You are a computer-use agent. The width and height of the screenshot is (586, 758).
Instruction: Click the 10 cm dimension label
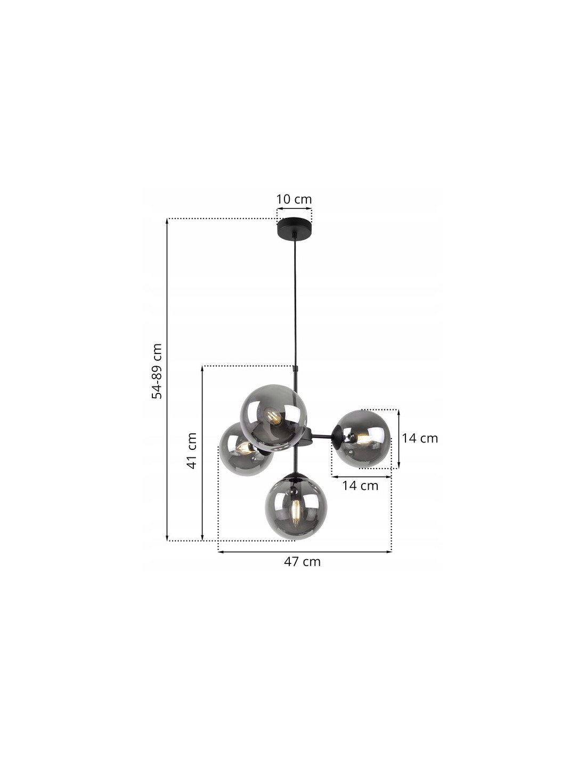(x=294, y=199)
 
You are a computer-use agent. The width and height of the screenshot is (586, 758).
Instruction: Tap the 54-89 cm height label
(x=157, y=371)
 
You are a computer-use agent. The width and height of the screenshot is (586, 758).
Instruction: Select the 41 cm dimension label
(x=192, y=450)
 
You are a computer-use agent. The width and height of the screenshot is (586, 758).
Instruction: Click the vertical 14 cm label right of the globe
(x=420, y=438)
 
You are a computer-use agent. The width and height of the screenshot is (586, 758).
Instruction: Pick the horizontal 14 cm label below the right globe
(x=360, y=486)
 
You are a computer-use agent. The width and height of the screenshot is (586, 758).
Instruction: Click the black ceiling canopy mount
(x=294, y=229)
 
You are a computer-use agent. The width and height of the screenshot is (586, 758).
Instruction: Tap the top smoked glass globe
(x=273, y=418)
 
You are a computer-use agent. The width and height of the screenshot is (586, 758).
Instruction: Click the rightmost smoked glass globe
(x=362, y=439)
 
